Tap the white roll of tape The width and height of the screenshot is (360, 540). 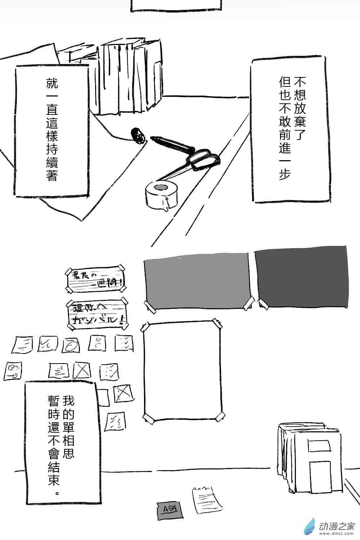[162, 194]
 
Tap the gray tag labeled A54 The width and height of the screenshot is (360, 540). [168, 509]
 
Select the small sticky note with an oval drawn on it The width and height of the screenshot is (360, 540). [71, 345]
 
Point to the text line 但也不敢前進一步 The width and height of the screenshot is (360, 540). [285, 128]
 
